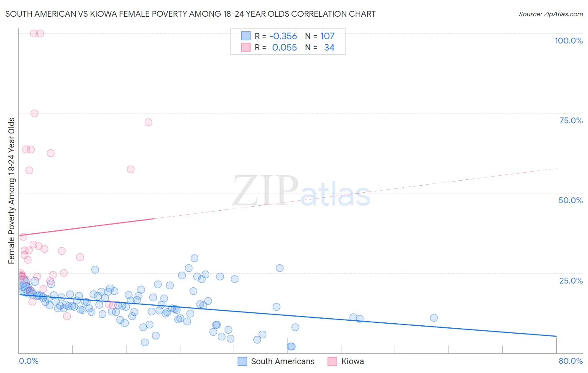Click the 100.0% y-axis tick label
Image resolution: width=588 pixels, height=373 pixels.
(568, 41)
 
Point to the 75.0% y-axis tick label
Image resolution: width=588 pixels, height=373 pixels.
(571, 120)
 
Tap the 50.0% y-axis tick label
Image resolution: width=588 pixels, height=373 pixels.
(570, 200)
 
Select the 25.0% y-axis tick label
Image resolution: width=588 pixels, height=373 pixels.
(571, 281)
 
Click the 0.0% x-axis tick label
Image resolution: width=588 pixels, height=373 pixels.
(28, 361)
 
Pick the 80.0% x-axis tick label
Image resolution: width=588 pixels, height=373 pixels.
(570, 361)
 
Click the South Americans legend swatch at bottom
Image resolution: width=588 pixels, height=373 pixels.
(243, 361)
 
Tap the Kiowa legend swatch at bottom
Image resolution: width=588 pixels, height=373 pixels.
(332, 361)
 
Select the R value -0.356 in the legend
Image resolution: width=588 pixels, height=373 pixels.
(283, 36)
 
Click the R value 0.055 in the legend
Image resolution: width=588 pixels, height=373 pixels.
(284, 48)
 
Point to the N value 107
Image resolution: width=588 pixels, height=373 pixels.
(327, 36)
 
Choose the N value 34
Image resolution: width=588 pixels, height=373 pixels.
(329, 48)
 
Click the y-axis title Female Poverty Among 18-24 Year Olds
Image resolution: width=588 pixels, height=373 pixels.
(12, 191)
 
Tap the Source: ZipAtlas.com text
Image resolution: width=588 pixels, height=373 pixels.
(550, 14)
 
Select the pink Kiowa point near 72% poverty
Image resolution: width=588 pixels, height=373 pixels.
(148, 122)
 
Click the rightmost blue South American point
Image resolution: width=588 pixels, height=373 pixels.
(434, 318)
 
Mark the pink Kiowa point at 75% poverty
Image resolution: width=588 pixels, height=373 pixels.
(34, 113)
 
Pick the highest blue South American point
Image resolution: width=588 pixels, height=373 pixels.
(194, 258)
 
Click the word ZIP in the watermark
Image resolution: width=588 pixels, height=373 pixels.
(265, 191)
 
